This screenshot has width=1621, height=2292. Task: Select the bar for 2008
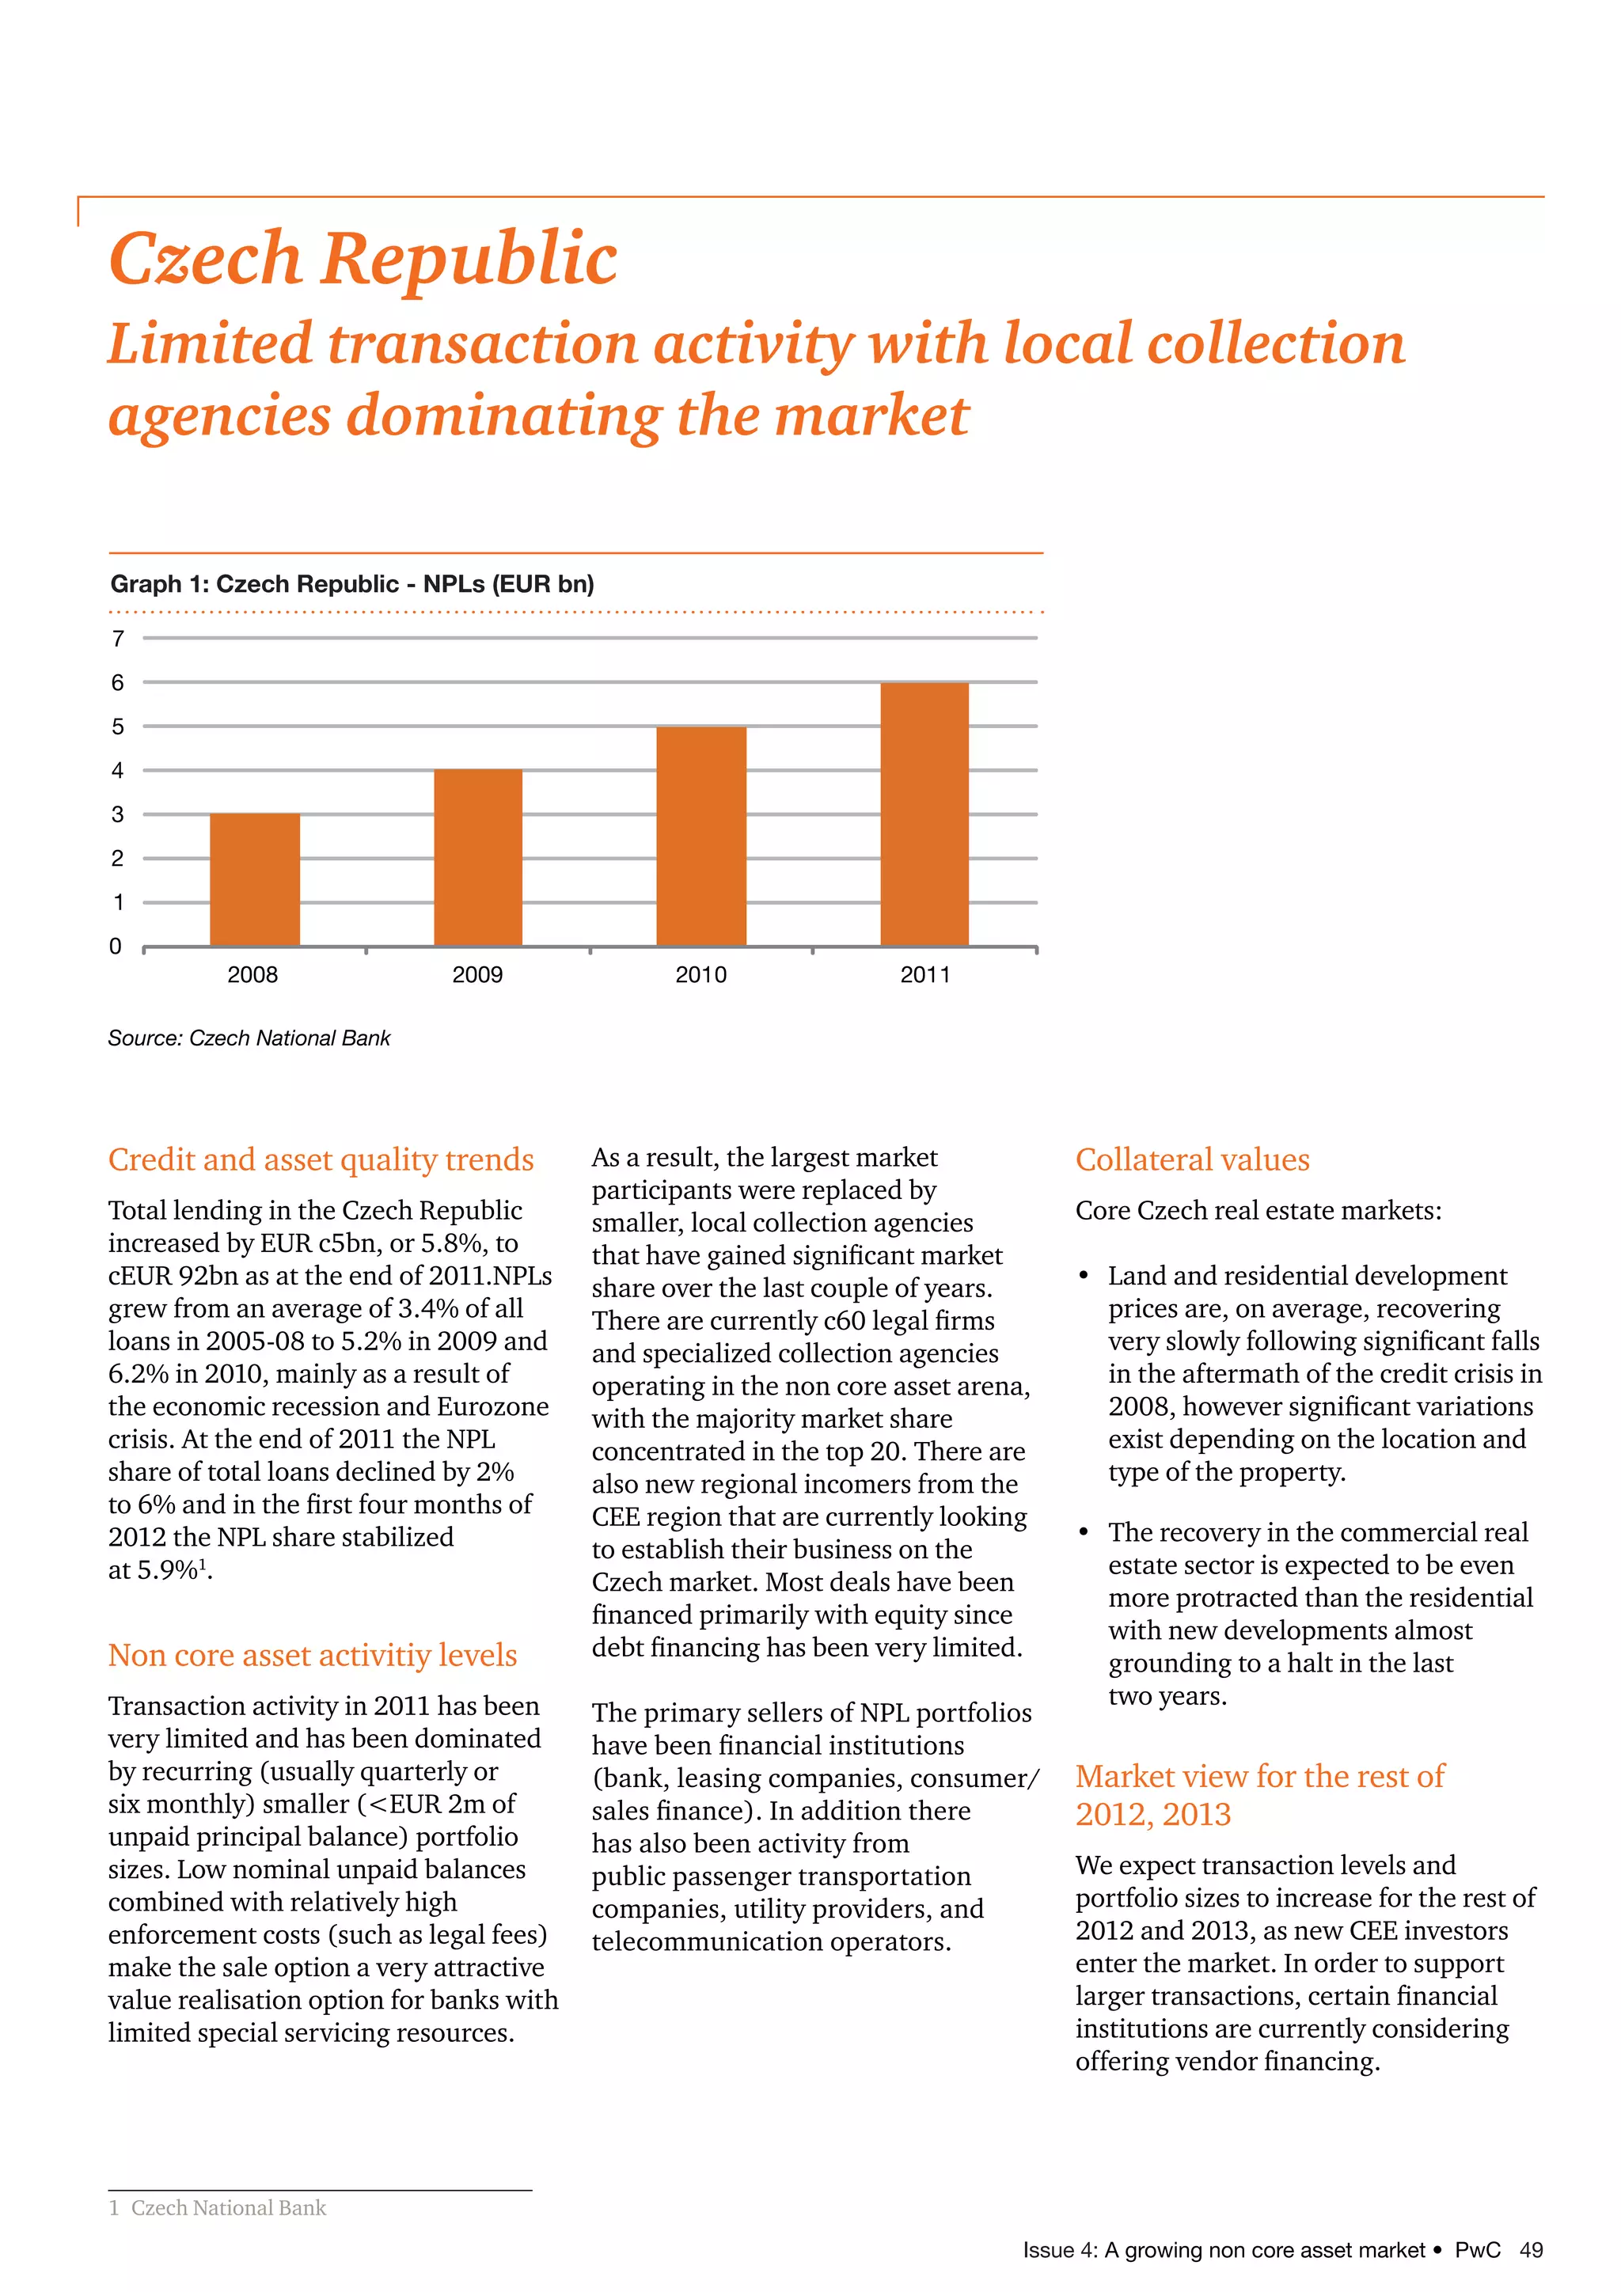click(255, 879)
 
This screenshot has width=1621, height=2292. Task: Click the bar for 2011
click(924, 814)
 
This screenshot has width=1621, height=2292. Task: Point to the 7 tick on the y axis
click(118, 639)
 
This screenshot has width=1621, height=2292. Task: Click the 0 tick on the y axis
click(116, 947)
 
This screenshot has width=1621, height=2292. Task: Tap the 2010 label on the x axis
click(700, 975)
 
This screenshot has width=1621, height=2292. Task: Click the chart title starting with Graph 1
click(351, 584)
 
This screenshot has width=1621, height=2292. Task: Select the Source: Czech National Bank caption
click(249, 1038)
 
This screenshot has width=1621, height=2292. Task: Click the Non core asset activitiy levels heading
click(313, 1655)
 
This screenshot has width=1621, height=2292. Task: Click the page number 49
click(1532, 2250)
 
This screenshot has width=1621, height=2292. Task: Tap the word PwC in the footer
click(1477, 2250)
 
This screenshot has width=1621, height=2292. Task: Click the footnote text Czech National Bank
click(229, 2208)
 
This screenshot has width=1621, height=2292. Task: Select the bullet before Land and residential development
click(1084, 1277)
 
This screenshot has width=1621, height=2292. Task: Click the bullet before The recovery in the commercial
click(1084, 1533)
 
